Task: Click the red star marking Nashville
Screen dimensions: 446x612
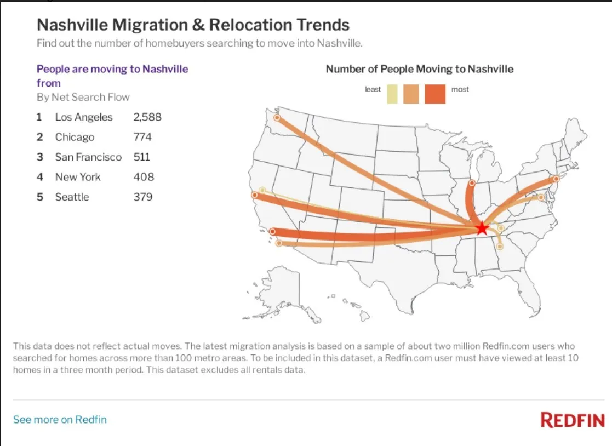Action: coord(482,228)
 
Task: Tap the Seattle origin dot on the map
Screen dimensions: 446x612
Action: coord(277,117)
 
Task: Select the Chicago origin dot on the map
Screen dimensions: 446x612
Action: coord(472,182)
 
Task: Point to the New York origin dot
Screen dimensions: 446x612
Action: coord(556,179)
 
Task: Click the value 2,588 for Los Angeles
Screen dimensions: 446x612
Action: coord(147,117)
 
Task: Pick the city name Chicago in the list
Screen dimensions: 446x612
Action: coord(75,137)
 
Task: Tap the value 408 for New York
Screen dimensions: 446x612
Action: coord(144,177)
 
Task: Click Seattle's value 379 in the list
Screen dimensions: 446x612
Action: coord(142,197)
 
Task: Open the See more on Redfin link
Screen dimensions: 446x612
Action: coord(60,420)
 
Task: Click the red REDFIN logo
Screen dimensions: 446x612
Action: coord(573,421)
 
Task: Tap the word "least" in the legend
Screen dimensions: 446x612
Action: coord(373,89)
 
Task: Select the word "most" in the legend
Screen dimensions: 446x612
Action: coord(460,89)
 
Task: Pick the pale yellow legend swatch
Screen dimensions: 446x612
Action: coord(392,94)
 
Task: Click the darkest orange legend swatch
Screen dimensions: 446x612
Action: coord(434,94)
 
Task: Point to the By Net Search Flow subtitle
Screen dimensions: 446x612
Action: coord(83,98)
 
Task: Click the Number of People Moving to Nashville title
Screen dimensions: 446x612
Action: coord(420,69)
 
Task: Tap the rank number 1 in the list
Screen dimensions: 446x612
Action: coord(39,117)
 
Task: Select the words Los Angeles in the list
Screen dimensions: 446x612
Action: coord(84,117)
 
